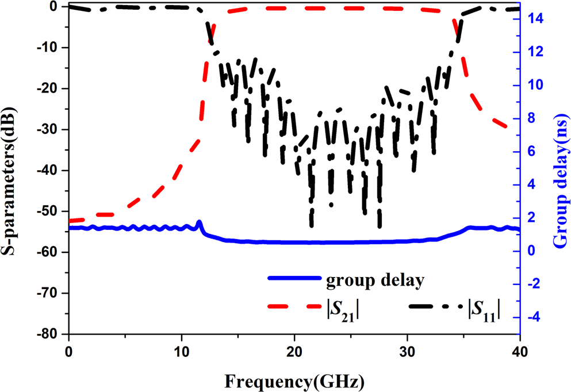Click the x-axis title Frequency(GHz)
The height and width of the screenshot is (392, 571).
[x=294, y=380]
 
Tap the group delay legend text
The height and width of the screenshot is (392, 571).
[x=375, y=281]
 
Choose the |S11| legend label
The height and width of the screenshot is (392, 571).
[x=483, y=311]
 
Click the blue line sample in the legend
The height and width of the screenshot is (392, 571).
[x=294, y=278]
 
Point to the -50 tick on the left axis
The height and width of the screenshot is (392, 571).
[x=50, y=212]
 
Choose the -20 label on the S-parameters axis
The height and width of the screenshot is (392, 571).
[x=50, y=89]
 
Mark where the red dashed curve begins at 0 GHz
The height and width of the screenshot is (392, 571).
[x=70, y=221]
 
